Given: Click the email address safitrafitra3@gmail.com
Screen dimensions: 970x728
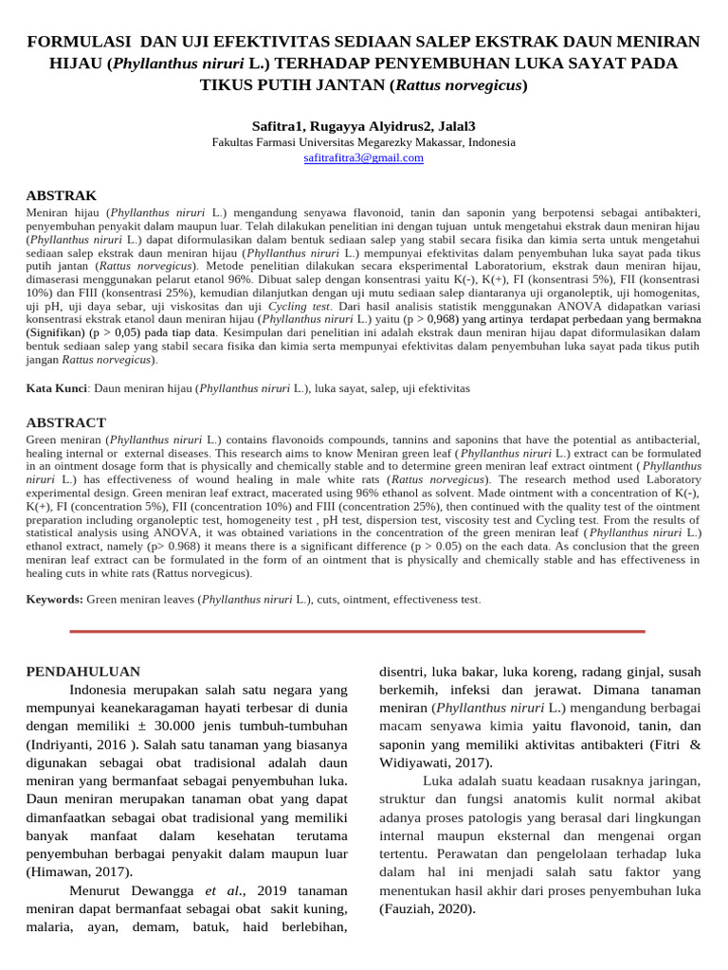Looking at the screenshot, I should coord(363,158).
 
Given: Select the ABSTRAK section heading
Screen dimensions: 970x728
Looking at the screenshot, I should coord(61,194).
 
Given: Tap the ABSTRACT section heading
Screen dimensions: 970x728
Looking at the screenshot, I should coord(65,422).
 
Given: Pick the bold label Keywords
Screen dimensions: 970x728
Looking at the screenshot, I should coord(55,600).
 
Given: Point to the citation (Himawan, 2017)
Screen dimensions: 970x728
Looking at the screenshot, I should coord(79,871).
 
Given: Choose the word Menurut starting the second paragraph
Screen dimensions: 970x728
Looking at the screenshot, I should coord(99,890).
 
